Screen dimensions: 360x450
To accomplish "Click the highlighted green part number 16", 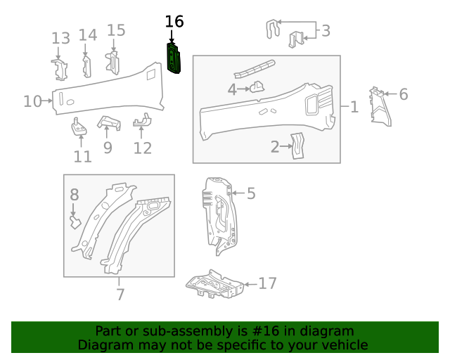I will pos(173,58).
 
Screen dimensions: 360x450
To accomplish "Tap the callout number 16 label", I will pos(174,22).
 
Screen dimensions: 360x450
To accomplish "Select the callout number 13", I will pos(60,38).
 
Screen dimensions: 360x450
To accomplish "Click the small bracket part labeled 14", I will pos(86,65).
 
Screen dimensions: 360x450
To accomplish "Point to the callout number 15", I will pos(116,30).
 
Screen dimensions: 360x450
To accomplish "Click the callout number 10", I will pos(32,101).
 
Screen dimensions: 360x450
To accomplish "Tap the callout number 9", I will pos(108,148).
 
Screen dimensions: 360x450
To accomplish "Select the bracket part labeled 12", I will pos(141,122).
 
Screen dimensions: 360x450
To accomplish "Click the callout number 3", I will pos(326,30).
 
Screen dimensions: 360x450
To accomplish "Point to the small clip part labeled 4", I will pos(258,88).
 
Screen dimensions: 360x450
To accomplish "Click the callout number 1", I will pos(354,107).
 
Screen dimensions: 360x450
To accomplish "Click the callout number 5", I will pos(251,193).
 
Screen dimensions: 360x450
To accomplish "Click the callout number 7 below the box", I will pos(120,295).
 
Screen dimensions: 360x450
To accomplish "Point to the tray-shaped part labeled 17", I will pos(214,286).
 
